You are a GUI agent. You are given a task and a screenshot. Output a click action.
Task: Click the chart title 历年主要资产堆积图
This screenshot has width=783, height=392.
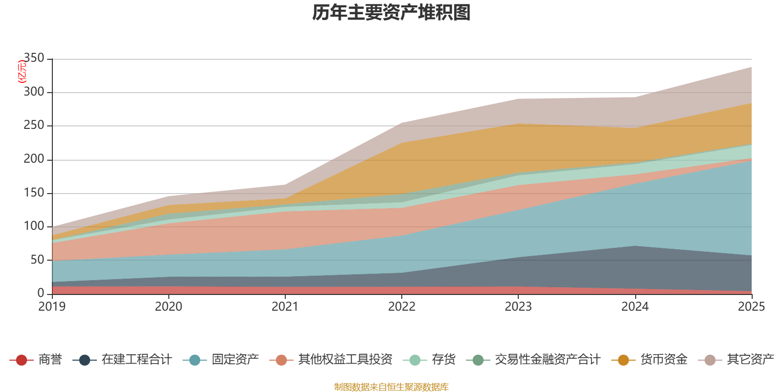click(x=391, y=13)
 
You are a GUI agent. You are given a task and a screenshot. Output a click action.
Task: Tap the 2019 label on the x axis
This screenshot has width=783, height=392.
click(x=52, y=307)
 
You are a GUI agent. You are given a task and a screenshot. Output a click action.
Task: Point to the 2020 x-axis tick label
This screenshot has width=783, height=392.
click(x=169, y=307)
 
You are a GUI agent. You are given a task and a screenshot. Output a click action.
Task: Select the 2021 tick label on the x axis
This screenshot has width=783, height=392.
click(x=285, y=307)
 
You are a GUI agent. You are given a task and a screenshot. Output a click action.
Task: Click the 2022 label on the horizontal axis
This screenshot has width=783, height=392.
click(x=402, y=307)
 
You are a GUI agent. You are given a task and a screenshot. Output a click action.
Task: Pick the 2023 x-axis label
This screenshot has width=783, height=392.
click(x=518, y=307)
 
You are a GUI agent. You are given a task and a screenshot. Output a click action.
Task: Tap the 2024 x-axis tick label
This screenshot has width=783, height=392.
click(x=635, y=307)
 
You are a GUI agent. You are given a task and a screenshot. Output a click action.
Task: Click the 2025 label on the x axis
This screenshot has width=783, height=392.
click(x=751, y=307)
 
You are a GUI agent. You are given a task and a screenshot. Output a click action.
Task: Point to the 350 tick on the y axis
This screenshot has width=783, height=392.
click(x=34, y=58)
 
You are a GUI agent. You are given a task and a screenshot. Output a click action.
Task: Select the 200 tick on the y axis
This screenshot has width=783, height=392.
click(x=34, y=159)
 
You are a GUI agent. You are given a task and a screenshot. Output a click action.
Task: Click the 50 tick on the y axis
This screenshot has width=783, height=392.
click(x=37, y=260)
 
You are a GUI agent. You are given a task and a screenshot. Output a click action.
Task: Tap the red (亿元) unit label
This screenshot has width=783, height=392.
click(x=22, y=72)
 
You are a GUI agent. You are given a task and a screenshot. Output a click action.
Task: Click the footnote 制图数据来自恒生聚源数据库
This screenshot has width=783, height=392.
click(x=391, y=387)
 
